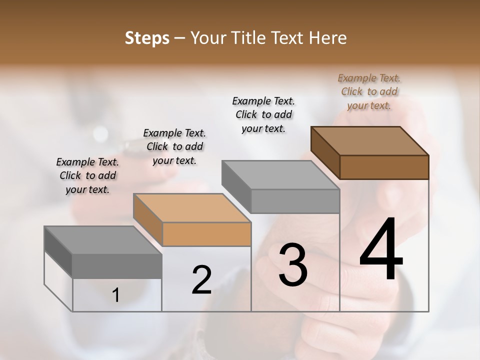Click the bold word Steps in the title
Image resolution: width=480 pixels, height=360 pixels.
[147, 38]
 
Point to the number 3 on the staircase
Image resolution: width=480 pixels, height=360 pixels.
[292, 264]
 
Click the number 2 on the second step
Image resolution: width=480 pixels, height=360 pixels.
[201, 280]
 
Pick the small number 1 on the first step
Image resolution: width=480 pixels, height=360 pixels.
[116, 295]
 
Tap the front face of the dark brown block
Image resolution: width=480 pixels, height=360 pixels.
[384, 167]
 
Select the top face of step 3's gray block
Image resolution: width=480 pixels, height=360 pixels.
[280, 175]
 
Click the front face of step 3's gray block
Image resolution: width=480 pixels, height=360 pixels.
[295, 201]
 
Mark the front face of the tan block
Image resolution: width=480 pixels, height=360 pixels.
[206, 234]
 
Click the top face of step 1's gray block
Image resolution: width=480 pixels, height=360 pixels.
[103, 240]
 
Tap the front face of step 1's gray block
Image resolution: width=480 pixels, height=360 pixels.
[117, 266]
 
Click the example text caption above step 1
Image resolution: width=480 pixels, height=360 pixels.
[87, 175]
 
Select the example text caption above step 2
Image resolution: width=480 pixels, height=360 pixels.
[174, 146]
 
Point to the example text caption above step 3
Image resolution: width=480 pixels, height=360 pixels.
[263, 114]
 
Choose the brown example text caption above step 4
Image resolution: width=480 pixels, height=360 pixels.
[369, 91]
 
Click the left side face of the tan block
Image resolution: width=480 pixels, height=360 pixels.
[147, 220]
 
